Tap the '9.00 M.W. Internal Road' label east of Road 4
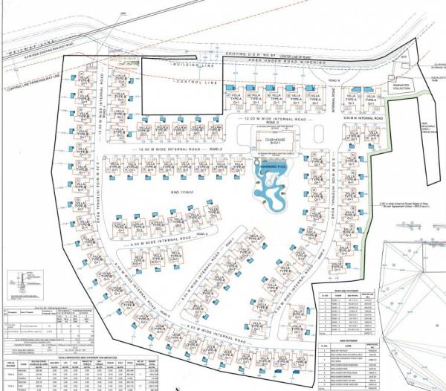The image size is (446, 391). click(362, 119)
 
